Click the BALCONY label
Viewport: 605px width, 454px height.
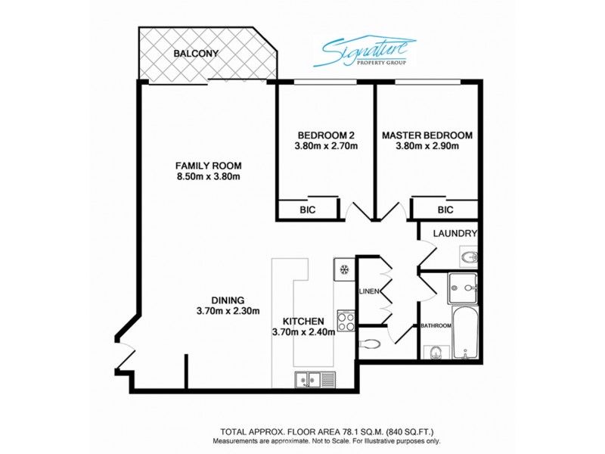196,54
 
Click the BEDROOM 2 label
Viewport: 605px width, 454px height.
325,135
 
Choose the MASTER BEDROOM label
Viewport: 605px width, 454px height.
427,135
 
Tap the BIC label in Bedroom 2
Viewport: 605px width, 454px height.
307,210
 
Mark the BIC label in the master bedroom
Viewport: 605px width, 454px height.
445,210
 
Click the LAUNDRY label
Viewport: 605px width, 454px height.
455,234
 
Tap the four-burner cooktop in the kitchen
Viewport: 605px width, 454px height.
346,322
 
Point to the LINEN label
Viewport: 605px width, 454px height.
368,291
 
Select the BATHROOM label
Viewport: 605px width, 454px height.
436,326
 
